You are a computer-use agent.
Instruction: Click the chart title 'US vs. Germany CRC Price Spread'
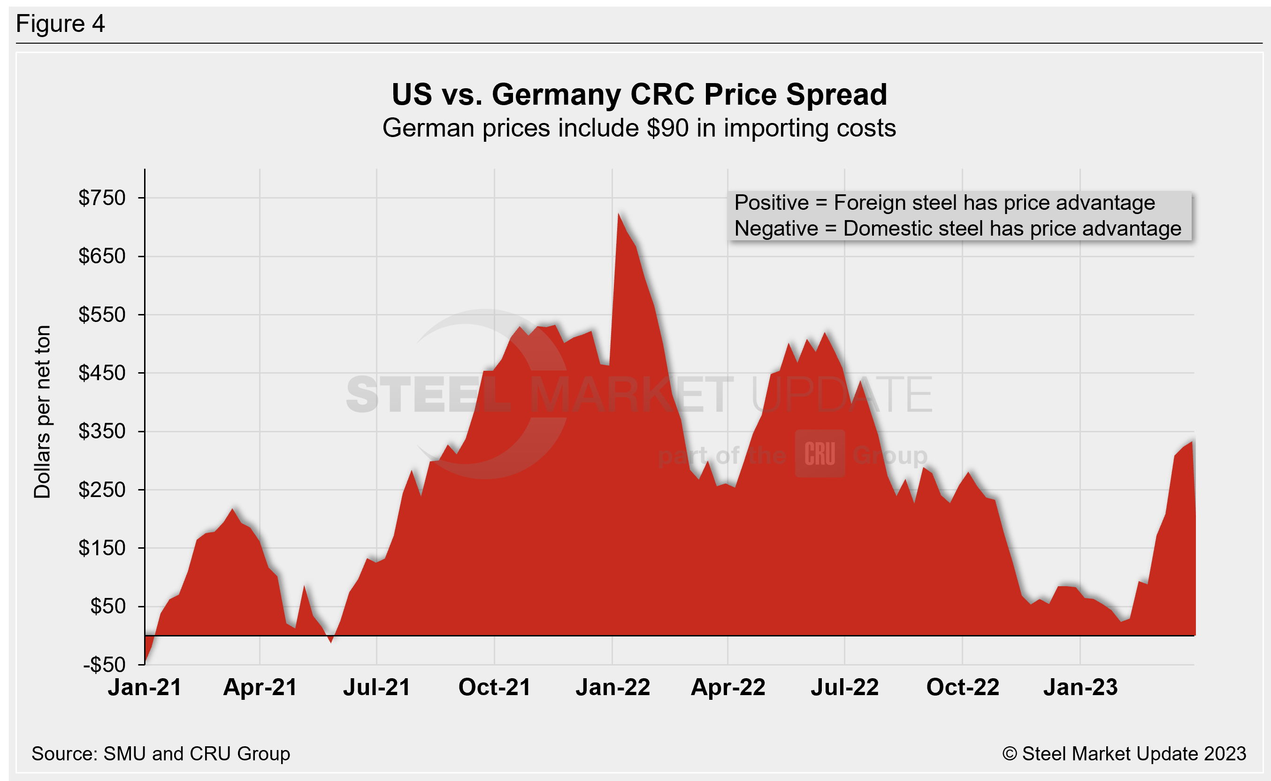(x=639, y=94)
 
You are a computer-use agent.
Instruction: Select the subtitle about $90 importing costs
(x=639, y=128)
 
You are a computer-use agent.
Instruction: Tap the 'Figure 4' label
(x=61, y=24)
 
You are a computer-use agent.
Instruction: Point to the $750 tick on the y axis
(x=102, y=198)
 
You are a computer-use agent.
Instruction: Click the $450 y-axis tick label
(x=102, y=373)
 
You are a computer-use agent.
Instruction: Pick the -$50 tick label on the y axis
(x=104, y=665)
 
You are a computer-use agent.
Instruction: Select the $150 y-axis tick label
(x=102, y=548)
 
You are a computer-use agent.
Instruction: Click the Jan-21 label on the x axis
(x=145, y=688)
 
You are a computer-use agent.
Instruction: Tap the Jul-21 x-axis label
(x=376, y=688)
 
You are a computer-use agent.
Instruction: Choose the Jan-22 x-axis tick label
(x=613, y=688)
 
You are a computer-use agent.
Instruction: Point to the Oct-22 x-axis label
(x=963, y=688)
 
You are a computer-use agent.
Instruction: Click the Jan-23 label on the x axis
(x=1080, y=688)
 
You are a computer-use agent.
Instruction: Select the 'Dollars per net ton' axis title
(x=42, y=412)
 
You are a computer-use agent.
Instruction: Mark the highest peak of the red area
(x=619, y=214)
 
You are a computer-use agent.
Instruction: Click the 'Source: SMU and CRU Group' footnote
(x=161, y=754)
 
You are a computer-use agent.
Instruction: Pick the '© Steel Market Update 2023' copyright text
(x=1124, y=754)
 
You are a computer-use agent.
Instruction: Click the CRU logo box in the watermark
(x=819, y=453)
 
